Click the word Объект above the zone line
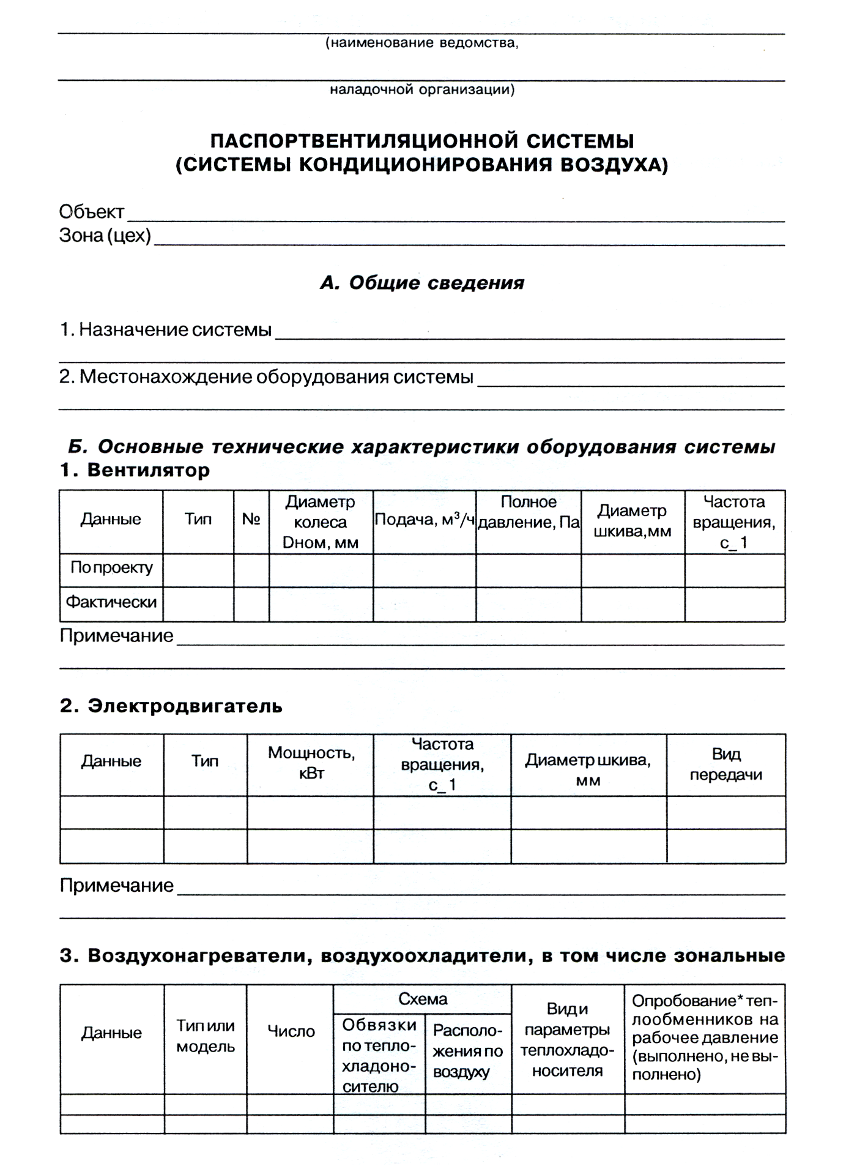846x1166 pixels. pos(92,212)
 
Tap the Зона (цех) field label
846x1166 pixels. pos(105,236)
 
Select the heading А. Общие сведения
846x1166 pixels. pos(422,283)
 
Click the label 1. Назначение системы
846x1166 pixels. pos(166,330)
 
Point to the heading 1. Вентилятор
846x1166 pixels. pos(135,470)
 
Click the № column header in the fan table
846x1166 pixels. pos(251,520)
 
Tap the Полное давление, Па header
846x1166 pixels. pos(529,512)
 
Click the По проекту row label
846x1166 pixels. pos(111,568)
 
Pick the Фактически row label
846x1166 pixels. pos(111,602)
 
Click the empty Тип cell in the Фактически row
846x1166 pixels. pos(198,604)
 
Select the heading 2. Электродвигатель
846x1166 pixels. pos(171,706)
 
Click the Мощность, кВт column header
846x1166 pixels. pos(311,763)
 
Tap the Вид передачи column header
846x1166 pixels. pos(726,764)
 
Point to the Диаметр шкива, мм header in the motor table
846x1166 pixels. pos(588,770)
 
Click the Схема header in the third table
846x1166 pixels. pos(423,1000)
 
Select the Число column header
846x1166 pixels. pos(291,1031)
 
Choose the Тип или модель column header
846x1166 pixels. pos(206,1036)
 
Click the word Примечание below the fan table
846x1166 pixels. pos(116,636)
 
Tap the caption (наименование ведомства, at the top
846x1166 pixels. pos(422,43)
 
